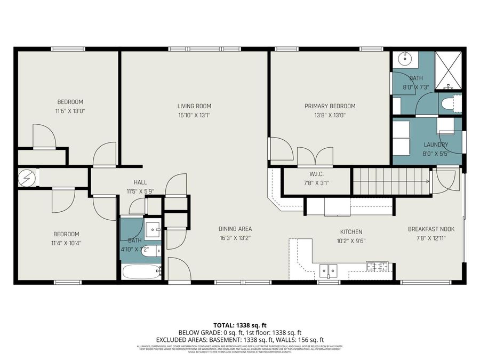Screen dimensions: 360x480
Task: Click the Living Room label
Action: pyautogui.click(x=195, y=106)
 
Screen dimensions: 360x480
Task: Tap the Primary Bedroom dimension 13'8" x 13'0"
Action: pyautogui.click(x=330, y=115)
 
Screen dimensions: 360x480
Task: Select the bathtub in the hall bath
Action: pyautogui.click(x=141, y=271)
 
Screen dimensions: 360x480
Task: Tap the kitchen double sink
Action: pyautogui.click(x=329, y=270)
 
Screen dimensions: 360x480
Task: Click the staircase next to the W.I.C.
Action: pyautogui.click(x=391, y=181)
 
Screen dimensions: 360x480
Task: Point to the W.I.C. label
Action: pyautogui.click(x=316, y=174)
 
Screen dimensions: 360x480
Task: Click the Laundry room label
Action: pyautogui.click(x=435, y=145)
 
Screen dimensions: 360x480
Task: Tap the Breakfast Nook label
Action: pyautogui.click(x=431, y=229)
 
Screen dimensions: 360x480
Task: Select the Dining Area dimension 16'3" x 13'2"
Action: pyautogui.click(x=235, y=238)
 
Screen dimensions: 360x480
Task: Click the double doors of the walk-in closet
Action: pyautogui.click(x=315, y=156)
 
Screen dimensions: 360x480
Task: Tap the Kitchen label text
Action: pyautogui.click(x=351, y=231)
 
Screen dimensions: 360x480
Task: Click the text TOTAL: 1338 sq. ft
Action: pyautogui.click(x=239, y=325)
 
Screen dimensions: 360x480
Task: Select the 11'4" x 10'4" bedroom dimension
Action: pyautogui.click(x=66, y=243)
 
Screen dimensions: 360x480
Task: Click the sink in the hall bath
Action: pyautogui.click(x=154, y=230)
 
